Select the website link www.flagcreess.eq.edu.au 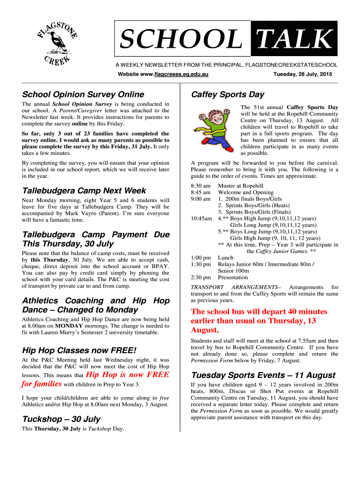click(x=174, y=75)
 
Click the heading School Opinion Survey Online click(x=83, y=94)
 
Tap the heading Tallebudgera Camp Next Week click(x=84, y=191)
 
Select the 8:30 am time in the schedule click(x=201, y=186)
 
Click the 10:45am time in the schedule click(x=201, y=218)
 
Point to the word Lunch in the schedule click(x=226, y=258)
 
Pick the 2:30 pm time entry click(x=201, y=277)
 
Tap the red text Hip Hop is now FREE click(x=128, y=374)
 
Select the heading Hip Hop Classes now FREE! click(x=79, y=350)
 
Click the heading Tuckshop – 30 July click(x=61, y=419)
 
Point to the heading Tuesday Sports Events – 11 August click(x=263, y=375)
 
